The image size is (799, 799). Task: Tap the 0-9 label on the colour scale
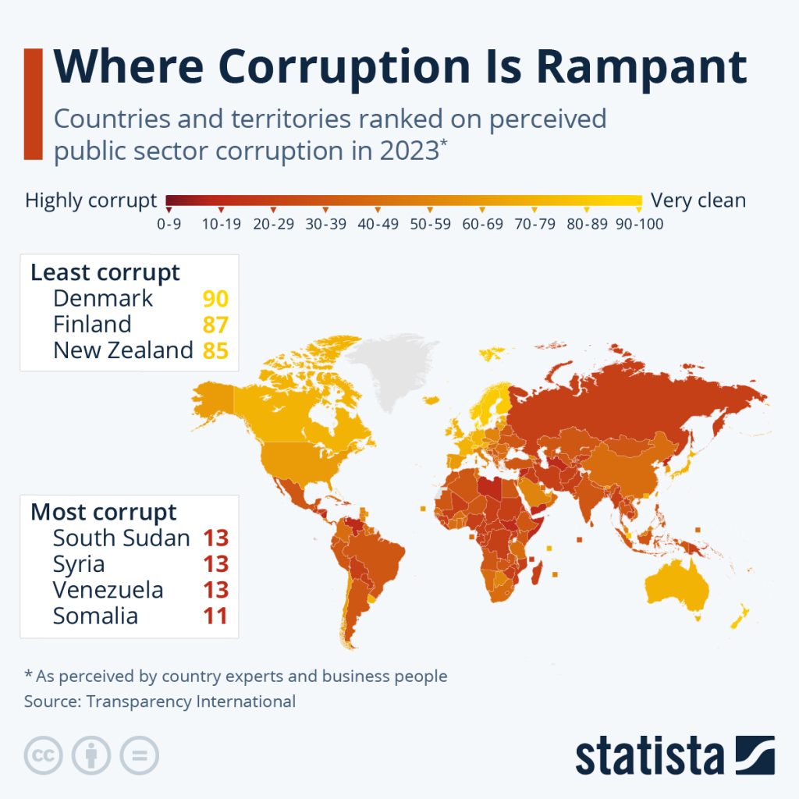pos(170,224)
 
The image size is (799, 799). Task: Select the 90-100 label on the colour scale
pos(639,224)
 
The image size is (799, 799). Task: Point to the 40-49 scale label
pos(378,224)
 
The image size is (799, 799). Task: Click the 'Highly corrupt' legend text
pos(91,201)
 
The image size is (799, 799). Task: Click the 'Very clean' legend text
pos(698,201)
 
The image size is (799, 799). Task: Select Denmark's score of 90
pos(215,299)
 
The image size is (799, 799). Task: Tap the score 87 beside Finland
pos(215,325)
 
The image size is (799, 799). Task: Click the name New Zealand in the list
pos(123,350)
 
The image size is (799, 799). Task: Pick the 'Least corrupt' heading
pos(105,273)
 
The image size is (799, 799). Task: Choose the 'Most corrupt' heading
pos(104,513)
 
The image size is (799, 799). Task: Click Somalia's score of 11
pos(215,616)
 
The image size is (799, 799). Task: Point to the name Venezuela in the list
pos(108,590)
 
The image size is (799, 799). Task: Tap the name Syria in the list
pos(79,563)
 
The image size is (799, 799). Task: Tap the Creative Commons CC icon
pos(44,755)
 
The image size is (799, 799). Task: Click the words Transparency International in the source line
pos(191,701)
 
